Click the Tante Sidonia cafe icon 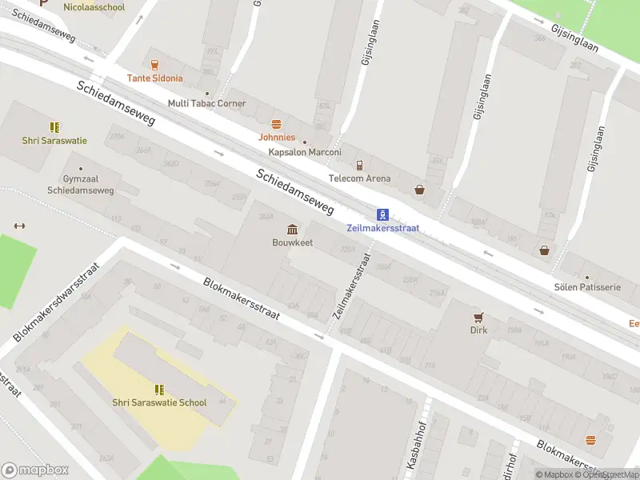[154, 64]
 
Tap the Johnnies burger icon [277, 124]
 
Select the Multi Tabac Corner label [206, 103]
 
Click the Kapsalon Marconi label [305, 152]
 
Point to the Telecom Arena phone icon [360, 165]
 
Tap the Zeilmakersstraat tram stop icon [383, 214]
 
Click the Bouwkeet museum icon [292, 229]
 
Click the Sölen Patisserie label [587, 286]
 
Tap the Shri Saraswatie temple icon [54, 127]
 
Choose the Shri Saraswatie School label [159, 402]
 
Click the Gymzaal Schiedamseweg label [80, 185]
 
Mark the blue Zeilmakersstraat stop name [383, 228]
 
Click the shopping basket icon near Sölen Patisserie [545, 250]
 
